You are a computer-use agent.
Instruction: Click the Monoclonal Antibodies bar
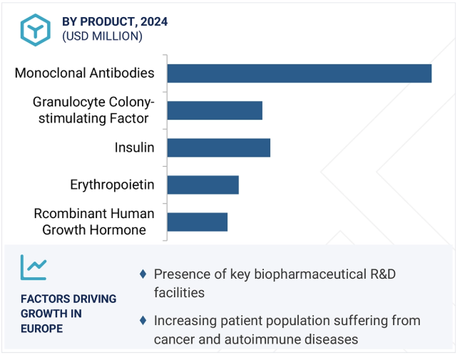click(300, 73)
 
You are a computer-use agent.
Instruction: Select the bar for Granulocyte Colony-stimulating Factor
click(215, 110)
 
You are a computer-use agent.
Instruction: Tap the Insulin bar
click(219, 148)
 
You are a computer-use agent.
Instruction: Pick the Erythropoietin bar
click(203, 185)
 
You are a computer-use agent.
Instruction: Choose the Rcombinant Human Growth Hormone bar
click(198, 222)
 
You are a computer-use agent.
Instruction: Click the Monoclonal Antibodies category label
click(84, 73)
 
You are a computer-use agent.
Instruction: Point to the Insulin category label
click(134, 148)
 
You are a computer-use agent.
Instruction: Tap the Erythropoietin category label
click(112, 185)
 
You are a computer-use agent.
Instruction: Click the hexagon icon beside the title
click(36, 30)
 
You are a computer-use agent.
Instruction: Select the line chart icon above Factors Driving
click(34, 267)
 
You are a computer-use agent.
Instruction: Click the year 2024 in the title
click(154, 21)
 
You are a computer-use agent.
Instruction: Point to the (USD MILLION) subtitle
click(102, 36)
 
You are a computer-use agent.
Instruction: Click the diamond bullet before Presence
click(143, 274)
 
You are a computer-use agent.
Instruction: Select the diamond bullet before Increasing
click(143, 320)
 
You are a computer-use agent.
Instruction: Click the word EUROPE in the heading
click(41, 329)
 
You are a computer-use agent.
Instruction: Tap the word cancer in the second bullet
click(174, 339)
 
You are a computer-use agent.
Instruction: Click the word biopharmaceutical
click(310, 275)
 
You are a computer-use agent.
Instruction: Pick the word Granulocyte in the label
click(68, 103)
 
